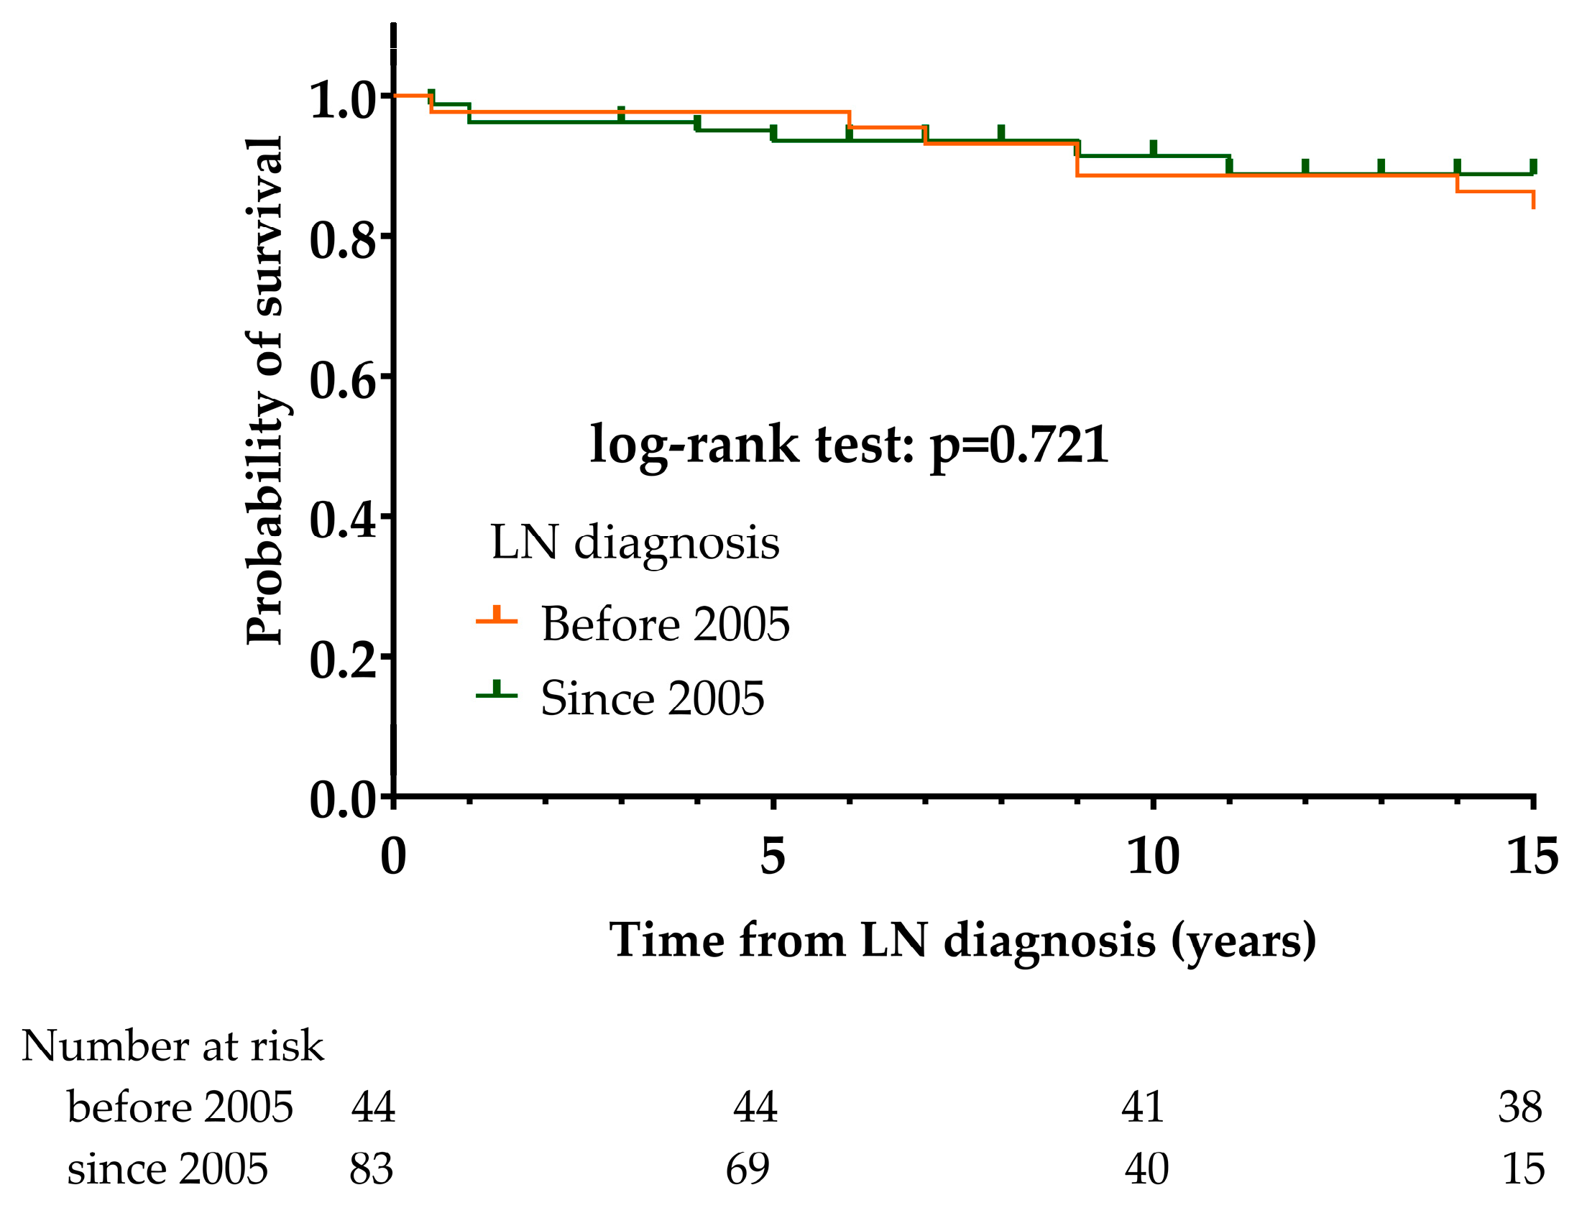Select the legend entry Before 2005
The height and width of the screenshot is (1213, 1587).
click(664, 624)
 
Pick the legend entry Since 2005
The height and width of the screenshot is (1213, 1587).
click(651, 699)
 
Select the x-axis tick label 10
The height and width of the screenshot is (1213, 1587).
click(1153, 857)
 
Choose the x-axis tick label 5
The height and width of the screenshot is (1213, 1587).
click(773, 857)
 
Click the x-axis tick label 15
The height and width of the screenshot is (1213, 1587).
click(1532, 857)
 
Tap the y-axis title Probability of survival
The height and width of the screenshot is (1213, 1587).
click(264, 390)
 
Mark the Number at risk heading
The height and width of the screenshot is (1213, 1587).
click(172, 1046)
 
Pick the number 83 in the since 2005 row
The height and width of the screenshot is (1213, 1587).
click(371, 1169)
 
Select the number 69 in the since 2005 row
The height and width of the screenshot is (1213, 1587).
click(747, 1169)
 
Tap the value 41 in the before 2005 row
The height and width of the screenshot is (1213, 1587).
click(1142, 1107)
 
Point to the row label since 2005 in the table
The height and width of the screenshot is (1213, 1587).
click(167, 1169)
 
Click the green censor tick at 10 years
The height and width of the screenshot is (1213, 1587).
click(1153, 148)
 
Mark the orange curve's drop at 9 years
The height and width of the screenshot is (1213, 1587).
click(1077, 160)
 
